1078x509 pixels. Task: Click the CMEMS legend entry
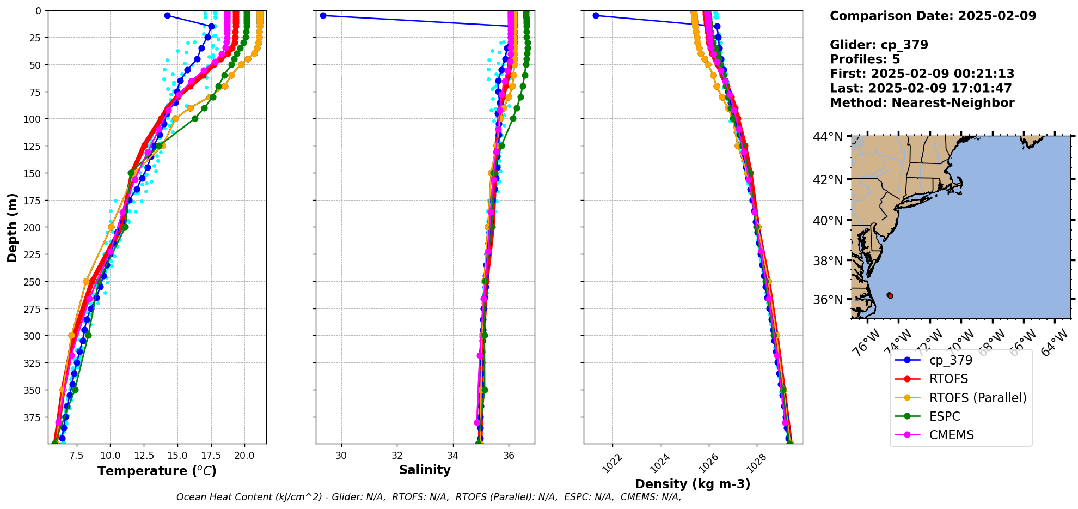(x=951, y=435)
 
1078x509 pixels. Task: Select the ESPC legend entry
(x=945, y=416)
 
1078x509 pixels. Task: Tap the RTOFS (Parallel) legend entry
(x=978, y=398)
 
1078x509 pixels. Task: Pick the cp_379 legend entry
(x=951, y=360)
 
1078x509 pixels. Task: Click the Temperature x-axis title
(x=157, y=471)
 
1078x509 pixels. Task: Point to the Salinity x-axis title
(x=425, y=470)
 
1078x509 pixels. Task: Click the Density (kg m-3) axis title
(x=693, y=484)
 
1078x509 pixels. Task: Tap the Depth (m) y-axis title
(x=12, y=227)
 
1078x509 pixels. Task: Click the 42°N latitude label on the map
(x=828, y=180)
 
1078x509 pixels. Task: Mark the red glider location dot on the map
(x=890, y=295)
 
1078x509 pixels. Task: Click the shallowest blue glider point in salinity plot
(x=323, y=16)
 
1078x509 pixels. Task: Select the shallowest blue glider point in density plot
(x=596, y=16)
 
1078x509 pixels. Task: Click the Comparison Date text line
(x=933, y=16)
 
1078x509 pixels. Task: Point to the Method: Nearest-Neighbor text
(x=922, y=103)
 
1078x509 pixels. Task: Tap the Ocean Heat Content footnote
(x=428, y=497)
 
